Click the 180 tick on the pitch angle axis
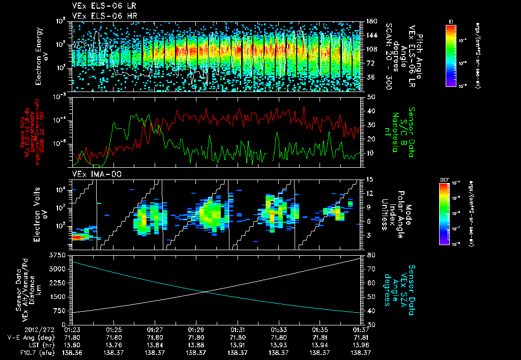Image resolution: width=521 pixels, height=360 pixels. click(371, 21)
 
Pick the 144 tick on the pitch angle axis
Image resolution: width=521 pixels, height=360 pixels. click(371, 36)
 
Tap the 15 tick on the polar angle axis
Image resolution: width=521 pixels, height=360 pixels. click(370, 179)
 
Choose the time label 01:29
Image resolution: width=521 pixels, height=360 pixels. click(196, 329)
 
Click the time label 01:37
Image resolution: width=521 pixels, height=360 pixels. click(361, 329)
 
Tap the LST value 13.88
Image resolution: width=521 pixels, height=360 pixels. click(196, 344)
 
